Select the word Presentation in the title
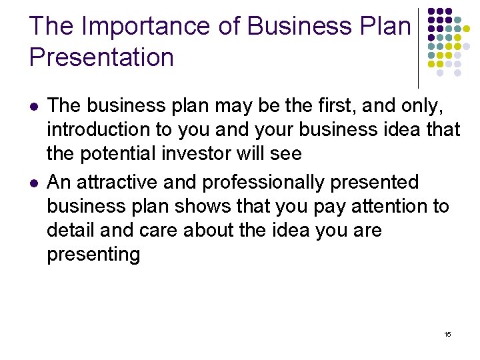[x=101, y=57]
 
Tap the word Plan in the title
[x=387, y=26]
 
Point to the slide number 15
[x=447, y=334]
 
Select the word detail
[x=68, y=231]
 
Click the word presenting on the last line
[x=93, y=255]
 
